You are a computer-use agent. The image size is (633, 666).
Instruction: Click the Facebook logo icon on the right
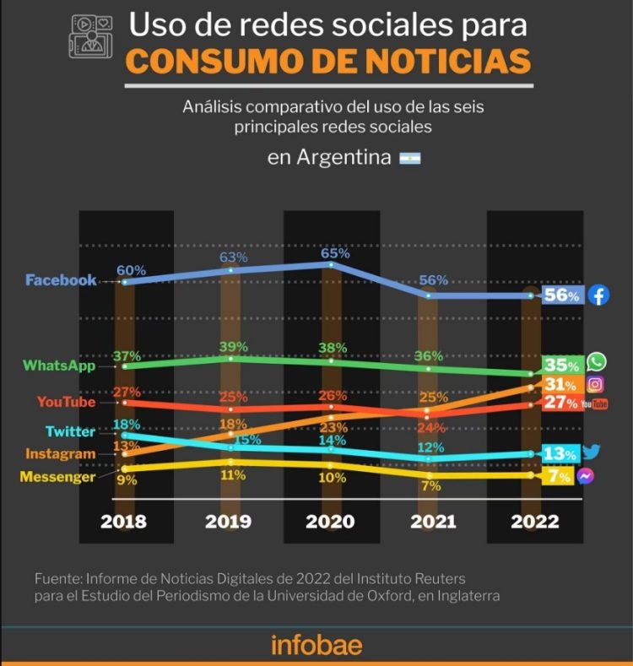pyautogui.click(x=598, y=295)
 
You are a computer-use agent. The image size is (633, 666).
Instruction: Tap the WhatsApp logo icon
pyautogui.click(x=597, y=362)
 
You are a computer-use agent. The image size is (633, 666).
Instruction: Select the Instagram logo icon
pyautogui.click(x=595, y=384)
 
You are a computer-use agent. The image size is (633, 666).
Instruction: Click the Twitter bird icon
pyautogui.click(x=591, y=452)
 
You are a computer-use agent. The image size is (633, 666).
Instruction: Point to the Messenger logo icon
pyautogui.click(x=586, y=476)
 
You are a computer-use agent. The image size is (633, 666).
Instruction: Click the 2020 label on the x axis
pyautogui.click(x=330, y=522)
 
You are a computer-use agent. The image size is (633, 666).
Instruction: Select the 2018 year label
pyautogui.click(x=124, y=522)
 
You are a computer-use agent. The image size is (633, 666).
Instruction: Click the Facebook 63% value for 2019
pyautogui.click(x=233, y=257)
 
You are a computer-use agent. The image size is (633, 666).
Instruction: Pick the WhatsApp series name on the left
pyautogui.click(x=59, y=365)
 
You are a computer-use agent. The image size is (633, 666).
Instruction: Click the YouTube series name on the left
pyautogui.click(x=66, y=402)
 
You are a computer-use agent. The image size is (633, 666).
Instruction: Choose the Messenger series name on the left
pyautogui.click(x=57, y=477)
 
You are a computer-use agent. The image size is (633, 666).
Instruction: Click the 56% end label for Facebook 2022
pyautogui.click(x=561, y=296)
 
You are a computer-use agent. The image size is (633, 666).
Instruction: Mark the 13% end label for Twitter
pyautogui.click(x=560, y=454)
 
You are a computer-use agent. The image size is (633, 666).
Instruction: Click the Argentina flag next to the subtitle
pyautogui.click(x=409, y=159)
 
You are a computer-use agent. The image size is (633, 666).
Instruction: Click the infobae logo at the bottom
pyautogui.click(x=316, y=645)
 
